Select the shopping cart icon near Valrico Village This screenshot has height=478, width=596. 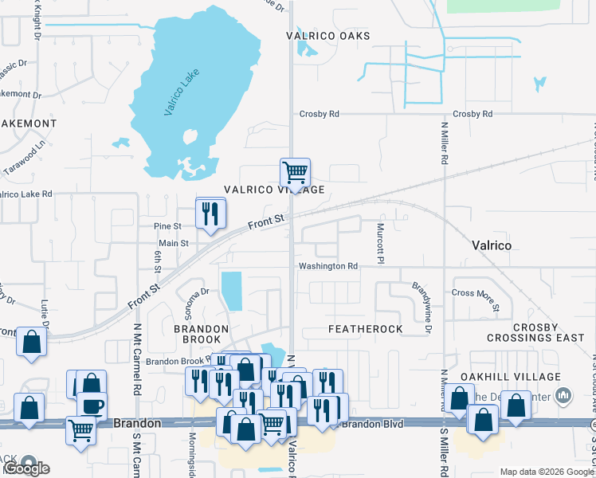point(295,172)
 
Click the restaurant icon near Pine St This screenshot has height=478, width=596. point(210,213)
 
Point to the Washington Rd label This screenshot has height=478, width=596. point(327,266)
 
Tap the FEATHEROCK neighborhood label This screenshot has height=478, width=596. point(365,329)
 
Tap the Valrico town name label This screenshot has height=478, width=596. point(492,245)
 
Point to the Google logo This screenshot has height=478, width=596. point(27,468)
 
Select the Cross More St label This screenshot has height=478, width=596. point(476,298)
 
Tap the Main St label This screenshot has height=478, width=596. point(173,243)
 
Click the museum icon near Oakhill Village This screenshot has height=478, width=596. point(564,395)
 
